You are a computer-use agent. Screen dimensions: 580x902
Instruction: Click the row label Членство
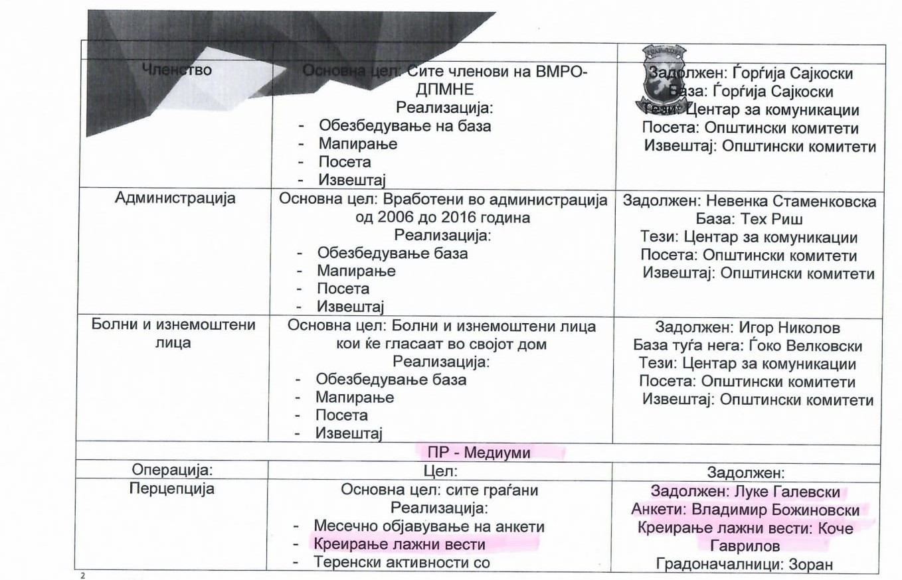click(x=175, y=70)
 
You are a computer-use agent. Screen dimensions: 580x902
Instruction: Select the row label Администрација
click(x=175, y=198)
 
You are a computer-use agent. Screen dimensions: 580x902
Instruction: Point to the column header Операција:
click(x=172, y=471)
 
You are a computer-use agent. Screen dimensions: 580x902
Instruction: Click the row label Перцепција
click(x=172, y=490)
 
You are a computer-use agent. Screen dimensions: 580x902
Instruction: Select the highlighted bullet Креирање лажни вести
click(x=400, y=545)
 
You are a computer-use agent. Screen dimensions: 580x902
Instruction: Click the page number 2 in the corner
click(x=83, y=575)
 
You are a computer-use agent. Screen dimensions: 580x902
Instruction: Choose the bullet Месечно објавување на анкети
click(x=429, y=527)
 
